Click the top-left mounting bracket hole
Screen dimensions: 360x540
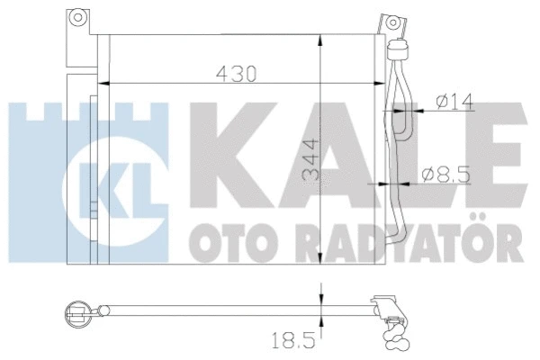[x=78, y=18]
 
